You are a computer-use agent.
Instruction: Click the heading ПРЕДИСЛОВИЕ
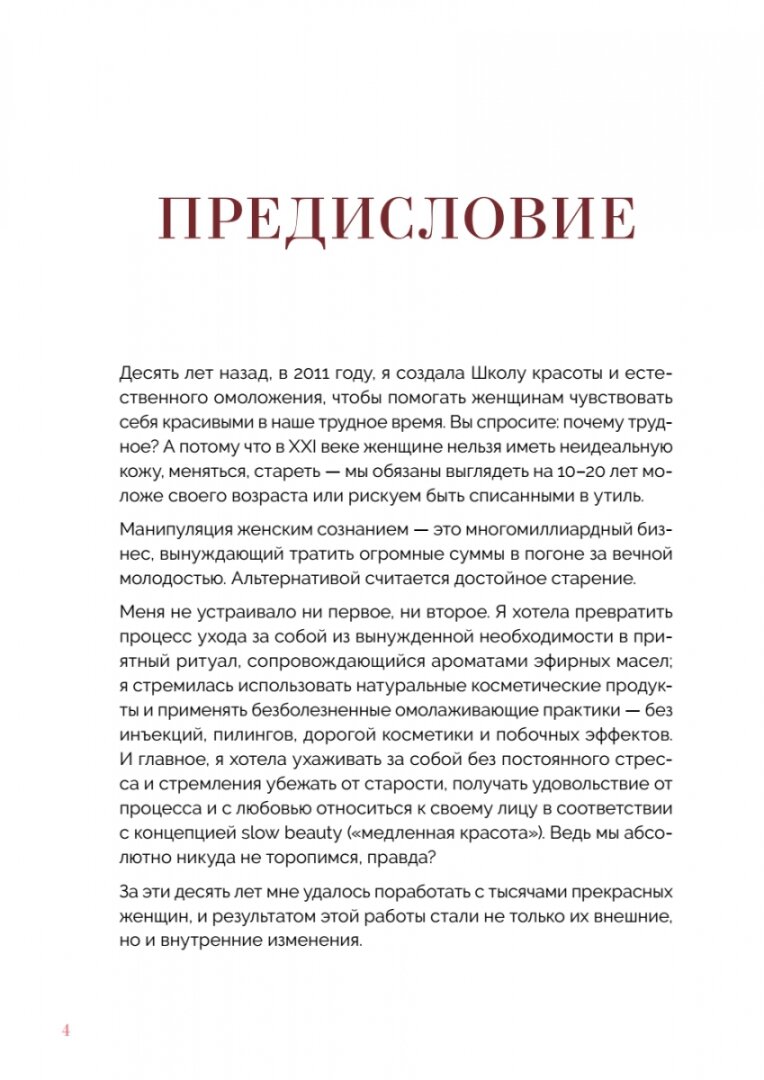(397, 220)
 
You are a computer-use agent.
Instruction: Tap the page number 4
(67, 1003)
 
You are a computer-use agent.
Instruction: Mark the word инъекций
(163, 733)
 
